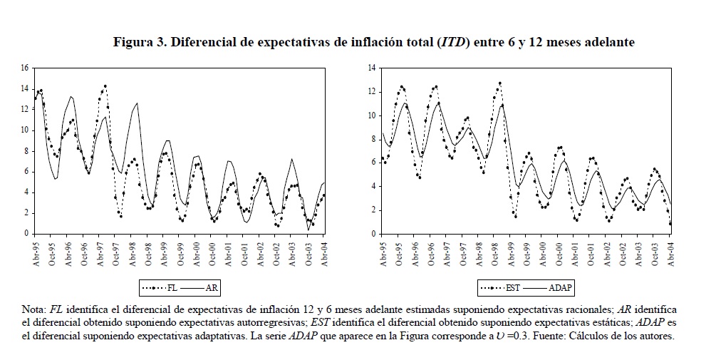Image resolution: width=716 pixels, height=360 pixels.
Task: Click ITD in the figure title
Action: (x=454, y=43)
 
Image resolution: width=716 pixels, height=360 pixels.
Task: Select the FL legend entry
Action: (x=170, y=288)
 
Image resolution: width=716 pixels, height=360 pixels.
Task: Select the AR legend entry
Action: (x=212, y=288)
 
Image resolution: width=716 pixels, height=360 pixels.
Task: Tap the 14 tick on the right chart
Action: (x=372, y=68)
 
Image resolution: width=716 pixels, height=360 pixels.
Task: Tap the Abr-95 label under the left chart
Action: (x=36, y=252)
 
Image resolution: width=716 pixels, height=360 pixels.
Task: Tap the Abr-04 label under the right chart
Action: (x=670, y=252)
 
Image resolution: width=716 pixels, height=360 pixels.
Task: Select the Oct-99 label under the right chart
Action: (x=529, y=252)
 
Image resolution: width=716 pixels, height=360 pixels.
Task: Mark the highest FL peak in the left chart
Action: (x=105, y=86)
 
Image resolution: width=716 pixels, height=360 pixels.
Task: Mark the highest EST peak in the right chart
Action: (x=500, y=83)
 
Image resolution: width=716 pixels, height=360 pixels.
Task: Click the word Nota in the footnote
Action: (x=33, y=310)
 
